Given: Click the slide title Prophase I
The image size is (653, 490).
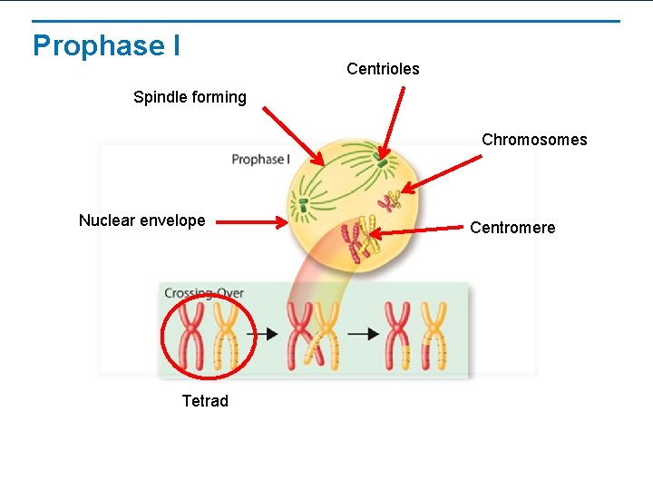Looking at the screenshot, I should click(x=106, y=45).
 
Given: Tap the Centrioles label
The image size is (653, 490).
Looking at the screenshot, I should click(x=383, y=69).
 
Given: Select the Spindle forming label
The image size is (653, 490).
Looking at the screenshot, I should click(x=190, y=97).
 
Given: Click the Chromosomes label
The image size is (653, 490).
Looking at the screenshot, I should click(x=534, y=140).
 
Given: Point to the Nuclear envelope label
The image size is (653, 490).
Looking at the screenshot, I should click(x=141, y=220).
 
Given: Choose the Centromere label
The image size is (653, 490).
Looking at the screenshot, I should click(x=512, y=228).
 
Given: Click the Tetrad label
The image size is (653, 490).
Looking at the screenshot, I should click(x=205, y=401).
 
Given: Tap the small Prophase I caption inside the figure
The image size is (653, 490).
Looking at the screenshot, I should click(x=260, y=160).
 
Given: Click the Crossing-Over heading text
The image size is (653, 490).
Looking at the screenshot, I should click(x=204, y=293).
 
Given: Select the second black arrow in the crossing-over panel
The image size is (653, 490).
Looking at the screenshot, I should click(x=364, y=334).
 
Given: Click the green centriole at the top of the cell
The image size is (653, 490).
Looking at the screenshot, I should click(x=383, y=164).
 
